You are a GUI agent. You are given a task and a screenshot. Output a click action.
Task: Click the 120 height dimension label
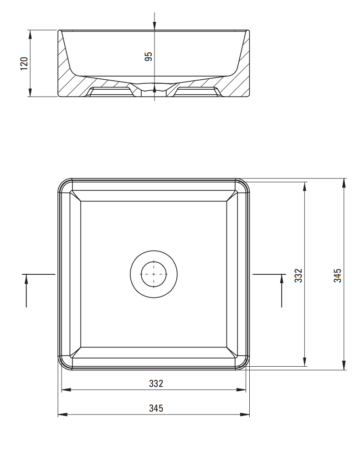tap(25, 63)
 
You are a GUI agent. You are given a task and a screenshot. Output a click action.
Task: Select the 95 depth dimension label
tap(149, 56)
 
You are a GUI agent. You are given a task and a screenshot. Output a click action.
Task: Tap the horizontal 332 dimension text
tap(156, 384)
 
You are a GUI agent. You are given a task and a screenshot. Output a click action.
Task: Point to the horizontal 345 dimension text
tap(156, 408)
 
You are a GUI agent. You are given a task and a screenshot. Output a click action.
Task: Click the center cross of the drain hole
tap(154, 274)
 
